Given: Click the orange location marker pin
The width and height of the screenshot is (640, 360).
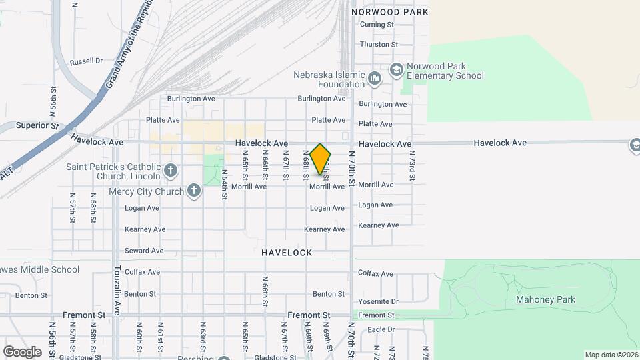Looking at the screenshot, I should pyautogui.click(x=320, y=159).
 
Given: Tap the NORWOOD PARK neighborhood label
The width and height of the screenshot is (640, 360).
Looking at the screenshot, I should pyautogui.click(x=389, y=12).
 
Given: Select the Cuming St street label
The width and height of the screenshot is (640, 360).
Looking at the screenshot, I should pyautogui.click(x=377, y=25).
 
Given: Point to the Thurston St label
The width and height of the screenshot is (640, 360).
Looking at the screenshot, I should pyautogui.click(x=378, y=45).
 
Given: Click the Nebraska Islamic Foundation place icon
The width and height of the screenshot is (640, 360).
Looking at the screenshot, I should pyautogui.click(x=374, y=79).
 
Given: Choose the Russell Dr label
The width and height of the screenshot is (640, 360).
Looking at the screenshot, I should pyautogui.click(x=86, y=61).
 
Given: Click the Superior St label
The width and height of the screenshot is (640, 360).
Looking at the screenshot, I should pyautogui.click(x=37, y=125).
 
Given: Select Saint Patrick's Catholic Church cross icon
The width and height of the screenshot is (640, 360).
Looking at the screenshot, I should pyautogui.click(x=171, y=171).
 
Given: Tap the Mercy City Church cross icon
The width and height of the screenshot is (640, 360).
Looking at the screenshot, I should pyautogui.click(x=194, y=192).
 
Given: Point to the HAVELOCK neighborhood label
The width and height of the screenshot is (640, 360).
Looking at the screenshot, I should pyautogui.click(x=287, y=253).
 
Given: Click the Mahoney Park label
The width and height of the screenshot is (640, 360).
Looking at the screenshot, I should pyautogui.click(x=545, y=300).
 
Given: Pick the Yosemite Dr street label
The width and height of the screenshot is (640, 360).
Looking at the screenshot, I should pyautogui.click(x=378, y=301).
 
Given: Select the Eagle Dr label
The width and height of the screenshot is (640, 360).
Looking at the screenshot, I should pyautogui.click(x=381, y=329).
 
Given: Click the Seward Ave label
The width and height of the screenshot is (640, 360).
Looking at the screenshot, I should pyautogui.click(x=143, y=251).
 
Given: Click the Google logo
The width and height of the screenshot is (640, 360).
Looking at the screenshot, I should pyautogui.click(x=22, y=351).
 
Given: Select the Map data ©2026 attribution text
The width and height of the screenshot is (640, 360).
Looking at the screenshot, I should pyautogui.click(x=611, y=355).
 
